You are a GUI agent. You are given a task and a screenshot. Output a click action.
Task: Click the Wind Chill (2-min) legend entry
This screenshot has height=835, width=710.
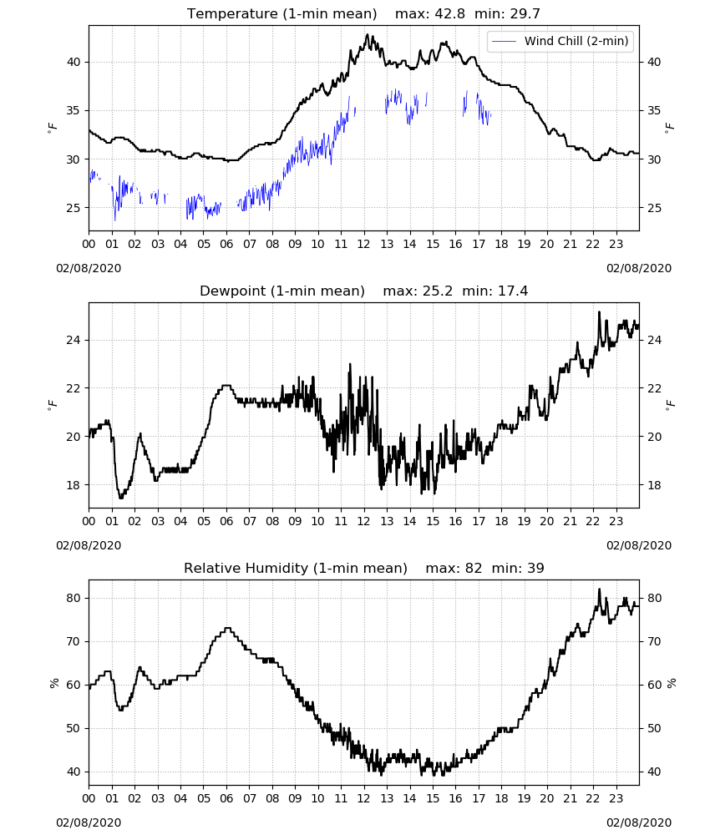560,41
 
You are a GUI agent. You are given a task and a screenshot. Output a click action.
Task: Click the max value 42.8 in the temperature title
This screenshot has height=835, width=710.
449,14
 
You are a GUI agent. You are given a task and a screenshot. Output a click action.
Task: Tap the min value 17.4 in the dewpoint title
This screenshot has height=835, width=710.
513,291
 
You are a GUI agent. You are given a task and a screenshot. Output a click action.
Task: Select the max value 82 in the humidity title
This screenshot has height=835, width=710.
474,568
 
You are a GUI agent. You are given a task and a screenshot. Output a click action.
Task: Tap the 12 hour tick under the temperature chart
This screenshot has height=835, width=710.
364,244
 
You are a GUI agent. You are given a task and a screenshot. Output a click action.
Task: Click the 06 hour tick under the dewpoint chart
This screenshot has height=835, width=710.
226,521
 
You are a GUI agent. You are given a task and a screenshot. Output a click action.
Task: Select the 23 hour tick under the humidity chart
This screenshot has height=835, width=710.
616,798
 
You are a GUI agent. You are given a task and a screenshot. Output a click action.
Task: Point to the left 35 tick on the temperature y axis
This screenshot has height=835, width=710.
74,111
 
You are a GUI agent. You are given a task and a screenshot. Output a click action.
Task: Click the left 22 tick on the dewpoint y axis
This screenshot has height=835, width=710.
74,388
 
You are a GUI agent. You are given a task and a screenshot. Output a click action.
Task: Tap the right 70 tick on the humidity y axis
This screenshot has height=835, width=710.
653,641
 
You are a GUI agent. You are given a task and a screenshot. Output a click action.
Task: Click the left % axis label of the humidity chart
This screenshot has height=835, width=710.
53,683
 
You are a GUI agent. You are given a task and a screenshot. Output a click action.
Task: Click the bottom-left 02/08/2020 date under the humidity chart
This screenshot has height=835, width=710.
89,822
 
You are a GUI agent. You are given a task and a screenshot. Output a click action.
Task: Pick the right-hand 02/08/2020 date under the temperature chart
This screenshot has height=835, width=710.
639,268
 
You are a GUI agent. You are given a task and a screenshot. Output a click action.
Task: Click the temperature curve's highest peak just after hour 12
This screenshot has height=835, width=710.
367,34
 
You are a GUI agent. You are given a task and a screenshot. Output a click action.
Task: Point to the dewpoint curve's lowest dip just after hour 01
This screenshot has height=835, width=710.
121,498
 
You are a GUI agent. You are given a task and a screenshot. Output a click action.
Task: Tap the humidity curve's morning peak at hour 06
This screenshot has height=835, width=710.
227,629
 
